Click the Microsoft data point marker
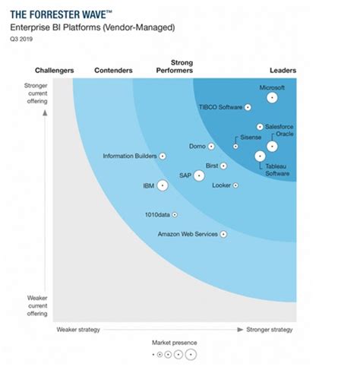[x=271, y=97]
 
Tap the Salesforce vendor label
[x=279, y=127]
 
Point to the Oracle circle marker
[x=272, y=146]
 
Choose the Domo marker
[x=211, y=146]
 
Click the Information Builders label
[x=130, y=156]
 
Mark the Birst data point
[x=223, y=165]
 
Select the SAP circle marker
[x=199, y=175]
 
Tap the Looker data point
[x=235, y=185]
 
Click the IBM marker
[x=163, y=185]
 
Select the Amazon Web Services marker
[x=223, y=234]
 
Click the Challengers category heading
[x=55, y=71]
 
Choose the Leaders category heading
[x=283, y=71]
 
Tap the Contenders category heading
[x=113, y=71]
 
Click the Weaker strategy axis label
[x=78, y=330]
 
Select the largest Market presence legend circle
[x=191, y=355]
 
